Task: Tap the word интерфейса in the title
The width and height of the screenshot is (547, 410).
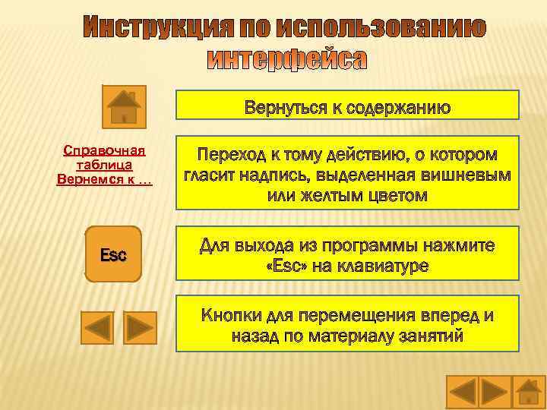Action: click(287, 59)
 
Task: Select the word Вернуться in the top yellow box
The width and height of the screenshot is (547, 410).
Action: click(284, 108)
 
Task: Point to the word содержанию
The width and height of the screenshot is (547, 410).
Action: click(398, 108)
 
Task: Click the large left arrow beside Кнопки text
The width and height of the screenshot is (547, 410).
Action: click(96, 327)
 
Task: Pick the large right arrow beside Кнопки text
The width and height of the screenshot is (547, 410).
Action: click(140, 327)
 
